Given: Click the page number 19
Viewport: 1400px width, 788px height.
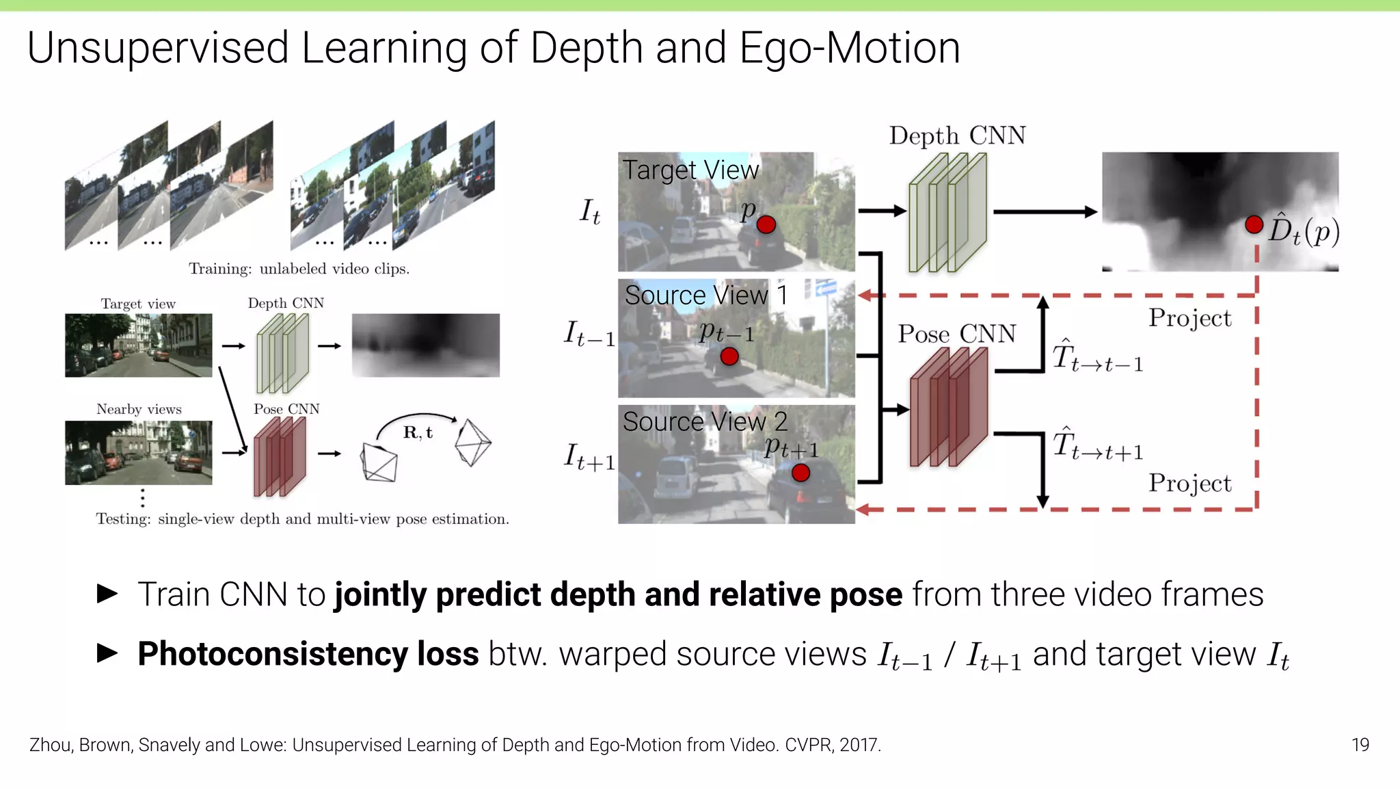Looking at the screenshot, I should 1360,745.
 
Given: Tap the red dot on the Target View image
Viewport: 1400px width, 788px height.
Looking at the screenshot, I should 766,225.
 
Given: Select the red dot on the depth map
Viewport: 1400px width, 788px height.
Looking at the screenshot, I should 1254,224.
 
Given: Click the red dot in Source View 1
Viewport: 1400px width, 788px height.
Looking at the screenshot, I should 729,356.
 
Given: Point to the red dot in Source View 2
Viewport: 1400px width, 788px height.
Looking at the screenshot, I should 800,473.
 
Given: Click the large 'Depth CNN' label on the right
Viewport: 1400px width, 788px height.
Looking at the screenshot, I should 957,135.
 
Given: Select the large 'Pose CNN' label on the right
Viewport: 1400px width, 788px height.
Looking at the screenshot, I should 956,334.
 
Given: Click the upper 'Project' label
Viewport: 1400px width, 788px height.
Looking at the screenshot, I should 1189,318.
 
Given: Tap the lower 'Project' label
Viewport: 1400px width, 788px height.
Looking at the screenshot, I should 1189,483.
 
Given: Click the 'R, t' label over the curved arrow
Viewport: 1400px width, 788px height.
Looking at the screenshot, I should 418,432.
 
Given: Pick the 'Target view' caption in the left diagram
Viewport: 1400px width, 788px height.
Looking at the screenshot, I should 138,304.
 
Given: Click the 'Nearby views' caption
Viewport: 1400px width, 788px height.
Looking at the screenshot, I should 139,409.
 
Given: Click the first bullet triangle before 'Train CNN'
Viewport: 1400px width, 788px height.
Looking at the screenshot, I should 107,593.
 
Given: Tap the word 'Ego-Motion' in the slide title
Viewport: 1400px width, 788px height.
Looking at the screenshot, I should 850,48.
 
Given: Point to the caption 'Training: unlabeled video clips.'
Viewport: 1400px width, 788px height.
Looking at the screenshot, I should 299,269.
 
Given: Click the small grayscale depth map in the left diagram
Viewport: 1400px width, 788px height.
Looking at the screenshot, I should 425,345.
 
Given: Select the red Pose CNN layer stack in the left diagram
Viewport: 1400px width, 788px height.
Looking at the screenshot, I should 280,456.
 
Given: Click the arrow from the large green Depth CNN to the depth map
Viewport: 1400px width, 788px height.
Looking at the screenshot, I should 1045,212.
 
